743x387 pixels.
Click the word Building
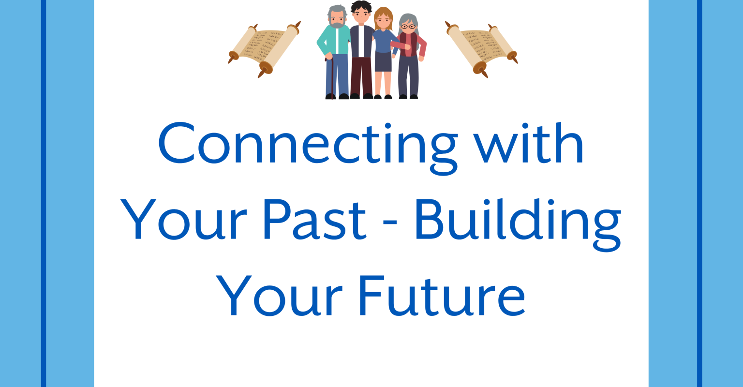click(517, 220)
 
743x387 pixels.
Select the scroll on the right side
click(481, 48)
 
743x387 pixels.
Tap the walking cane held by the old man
click(328, 77)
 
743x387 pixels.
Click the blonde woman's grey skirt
click(384, 61)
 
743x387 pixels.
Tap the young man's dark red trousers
click(361, 75)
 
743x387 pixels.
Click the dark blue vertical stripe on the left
click(44, 193)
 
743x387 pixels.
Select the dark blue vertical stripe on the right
click(699, 193)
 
